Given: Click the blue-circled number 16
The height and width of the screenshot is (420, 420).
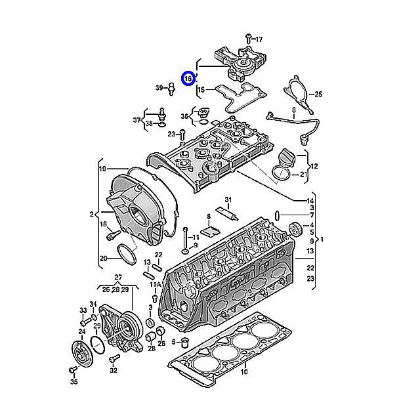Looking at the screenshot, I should click(188, 79).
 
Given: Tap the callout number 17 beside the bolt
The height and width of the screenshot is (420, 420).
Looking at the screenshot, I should click(259, 39).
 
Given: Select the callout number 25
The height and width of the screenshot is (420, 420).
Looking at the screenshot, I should click(318, 94).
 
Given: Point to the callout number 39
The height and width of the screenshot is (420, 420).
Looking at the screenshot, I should click(159, 87).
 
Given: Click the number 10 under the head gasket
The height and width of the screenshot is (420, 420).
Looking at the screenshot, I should click(243, 372).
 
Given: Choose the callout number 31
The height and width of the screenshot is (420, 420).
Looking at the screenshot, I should click(228, 199).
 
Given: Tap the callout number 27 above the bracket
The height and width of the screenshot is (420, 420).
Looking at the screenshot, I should click(119, 277).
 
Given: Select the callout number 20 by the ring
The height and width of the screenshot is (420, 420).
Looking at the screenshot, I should click(103, 258).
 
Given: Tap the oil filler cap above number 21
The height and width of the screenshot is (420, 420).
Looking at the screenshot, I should click(288, 157).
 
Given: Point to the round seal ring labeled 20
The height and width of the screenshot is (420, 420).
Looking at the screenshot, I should click(127, 253).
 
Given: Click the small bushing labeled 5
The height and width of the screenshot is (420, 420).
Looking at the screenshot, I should click(186, 343).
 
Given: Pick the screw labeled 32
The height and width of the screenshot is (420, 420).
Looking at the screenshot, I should click(115, 358).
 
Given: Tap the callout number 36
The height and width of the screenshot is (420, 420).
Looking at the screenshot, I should click(185, 116).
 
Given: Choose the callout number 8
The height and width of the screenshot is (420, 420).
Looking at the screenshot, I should click(208, 216).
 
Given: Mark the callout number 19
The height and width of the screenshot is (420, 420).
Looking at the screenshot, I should click(102, 169).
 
